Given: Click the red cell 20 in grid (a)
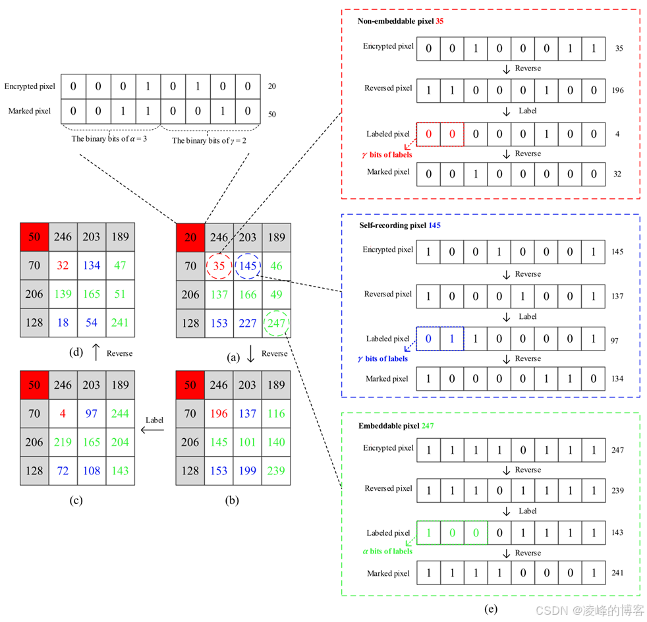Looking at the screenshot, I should (190, 237).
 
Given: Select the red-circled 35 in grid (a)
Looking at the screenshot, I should (219, 266).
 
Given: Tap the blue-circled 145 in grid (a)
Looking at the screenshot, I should (248, 266).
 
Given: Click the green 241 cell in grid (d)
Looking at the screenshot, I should (120, 323).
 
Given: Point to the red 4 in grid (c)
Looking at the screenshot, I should (63, 414).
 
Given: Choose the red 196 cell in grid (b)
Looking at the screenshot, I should (219, 414).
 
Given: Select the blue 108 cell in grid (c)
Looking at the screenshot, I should (92, 471).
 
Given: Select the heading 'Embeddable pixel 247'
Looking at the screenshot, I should (395, 426).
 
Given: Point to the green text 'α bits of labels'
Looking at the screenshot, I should (387, 551).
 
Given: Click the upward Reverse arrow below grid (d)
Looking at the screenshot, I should (96, 353).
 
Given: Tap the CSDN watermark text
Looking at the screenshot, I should (588, 610).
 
